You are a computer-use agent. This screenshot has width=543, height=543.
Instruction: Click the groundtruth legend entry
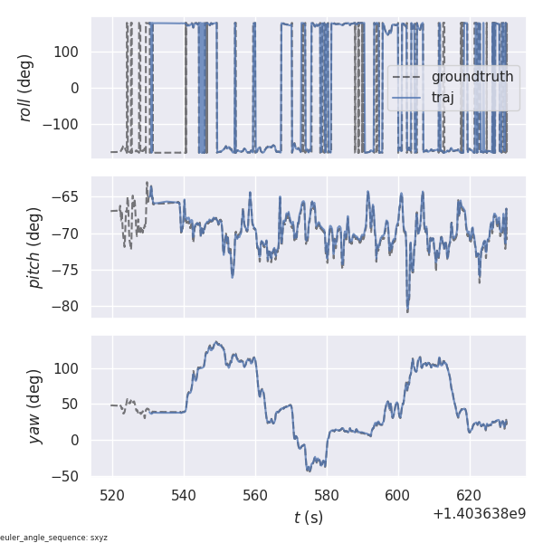click(472, 77)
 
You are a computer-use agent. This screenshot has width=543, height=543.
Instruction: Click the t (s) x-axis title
click(308, 518)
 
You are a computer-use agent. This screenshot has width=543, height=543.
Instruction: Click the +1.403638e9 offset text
click(479, 514)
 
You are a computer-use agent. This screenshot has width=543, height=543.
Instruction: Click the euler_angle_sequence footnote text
click(54, 538)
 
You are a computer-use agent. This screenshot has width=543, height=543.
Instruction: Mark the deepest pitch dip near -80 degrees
click(407, 311)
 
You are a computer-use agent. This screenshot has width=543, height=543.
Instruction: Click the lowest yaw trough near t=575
click(309, 470)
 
